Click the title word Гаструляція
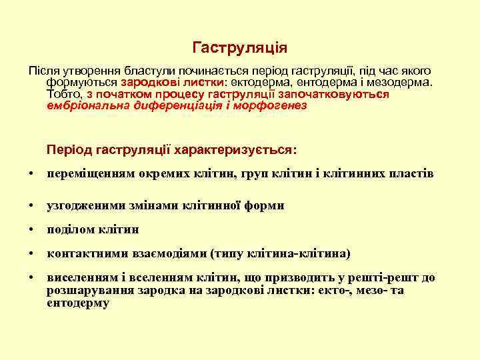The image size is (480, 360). [240, 48]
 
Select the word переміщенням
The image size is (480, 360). [91, 174]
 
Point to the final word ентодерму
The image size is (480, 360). [78, 303]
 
